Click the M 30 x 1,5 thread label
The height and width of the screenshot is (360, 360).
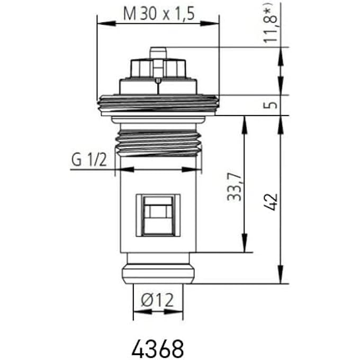(x=157, y=13)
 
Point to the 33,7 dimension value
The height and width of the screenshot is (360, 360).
(x=233, y=187)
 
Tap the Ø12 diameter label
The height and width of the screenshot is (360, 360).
(x=157, y=300)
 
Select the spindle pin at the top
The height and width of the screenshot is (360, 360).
(x=157, y=53)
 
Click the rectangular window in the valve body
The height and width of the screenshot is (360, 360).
(x=158, y=214)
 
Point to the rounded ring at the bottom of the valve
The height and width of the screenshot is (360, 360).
(x=158, y=274)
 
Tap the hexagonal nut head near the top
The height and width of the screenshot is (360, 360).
(x=157, y=68)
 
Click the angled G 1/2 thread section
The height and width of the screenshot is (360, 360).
(x=158, y=141)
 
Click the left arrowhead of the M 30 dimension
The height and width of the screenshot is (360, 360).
(x=101, y=23)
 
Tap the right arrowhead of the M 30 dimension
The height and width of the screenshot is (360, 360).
(x=214, y=23)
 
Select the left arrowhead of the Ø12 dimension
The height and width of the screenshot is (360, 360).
(x=137, y=312)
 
